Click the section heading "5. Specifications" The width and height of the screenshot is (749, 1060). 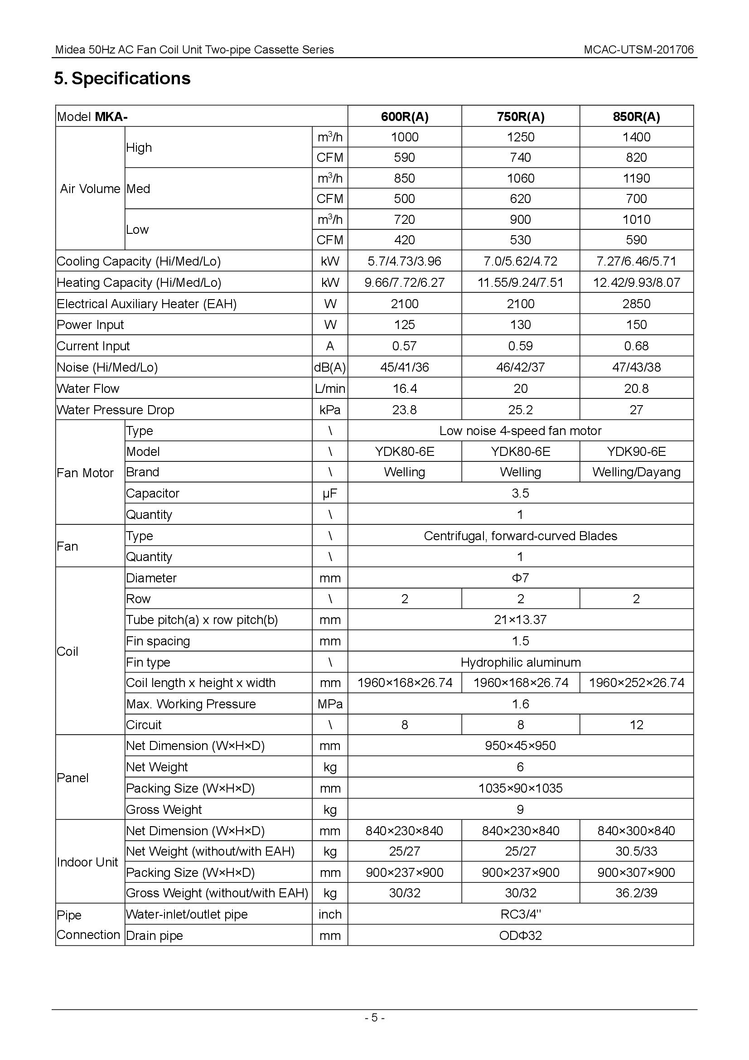click(x=122, y=78)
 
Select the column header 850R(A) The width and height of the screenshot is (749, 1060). click(x=636, y=117)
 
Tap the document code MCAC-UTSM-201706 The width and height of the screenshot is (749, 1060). click(x=638, y=50)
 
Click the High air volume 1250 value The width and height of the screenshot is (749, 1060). click(x=520, y=137)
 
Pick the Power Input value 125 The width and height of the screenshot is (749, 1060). click(x=404, y=324)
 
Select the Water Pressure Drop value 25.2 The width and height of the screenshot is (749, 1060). click(x=520, y=410)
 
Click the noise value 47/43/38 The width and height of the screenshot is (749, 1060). click(x=636, y=368)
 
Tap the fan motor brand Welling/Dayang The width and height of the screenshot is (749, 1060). click(x=636, y=472)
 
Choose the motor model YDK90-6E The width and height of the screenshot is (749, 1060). click(x=636, y=451)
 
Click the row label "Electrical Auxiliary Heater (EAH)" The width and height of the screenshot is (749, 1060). click(x=146, y=304)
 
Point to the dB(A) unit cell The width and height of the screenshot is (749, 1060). click(x=329, y=368)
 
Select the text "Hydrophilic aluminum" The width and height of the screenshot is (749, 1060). click(x=520, y=663)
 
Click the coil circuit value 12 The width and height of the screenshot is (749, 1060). click(x=636, y=725)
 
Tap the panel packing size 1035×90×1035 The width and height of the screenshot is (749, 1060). click(x=520, y=788)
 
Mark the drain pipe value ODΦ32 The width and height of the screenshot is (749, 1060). click(x=520, y=936)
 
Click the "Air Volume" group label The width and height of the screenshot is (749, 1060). click(x=90, y=189)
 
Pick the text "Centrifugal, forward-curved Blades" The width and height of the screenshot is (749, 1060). click(x=520, y=536)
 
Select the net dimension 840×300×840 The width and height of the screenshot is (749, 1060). click(x=636, y=831)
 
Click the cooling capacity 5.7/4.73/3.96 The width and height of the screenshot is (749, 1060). click(x=404, y=261)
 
